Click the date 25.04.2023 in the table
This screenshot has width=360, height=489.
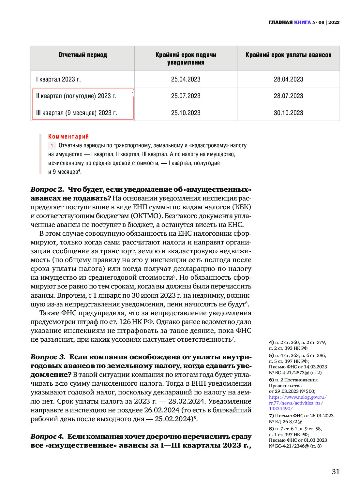186,79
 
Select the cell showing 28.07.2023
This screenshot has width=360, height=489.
288,96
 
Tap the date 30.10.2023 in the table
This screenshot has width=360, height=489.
288,113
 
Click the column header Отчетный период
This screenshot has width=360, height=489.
82,55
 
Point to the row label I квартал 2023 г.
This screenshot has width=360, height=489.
58,79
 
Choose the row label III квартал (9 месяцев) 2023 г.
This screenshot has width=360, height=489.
77,113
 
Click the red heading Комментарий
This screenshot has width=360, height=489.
68,137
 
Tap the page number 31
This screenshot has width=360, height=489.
336,472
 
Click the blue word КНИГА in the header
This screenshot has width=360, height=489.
302,22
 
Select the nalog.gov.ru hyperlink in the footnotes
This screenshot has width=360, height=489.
297,403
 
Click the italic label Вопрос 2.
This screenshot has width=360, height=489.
47,189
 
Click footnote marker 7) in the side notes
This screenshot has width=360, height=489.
271,416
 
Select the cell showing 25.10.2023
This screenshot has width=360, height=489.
186,113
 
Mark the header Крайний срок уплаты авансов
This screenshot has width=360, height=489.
288,55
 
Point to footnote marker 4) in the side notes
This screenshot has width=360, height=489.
271,342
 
